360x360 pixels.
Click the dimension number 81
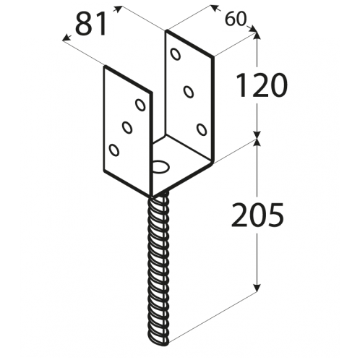(x=91, y=24)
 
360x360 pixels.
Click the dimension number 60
(x=236, y=20)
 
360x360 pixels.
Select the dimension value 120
(x=262, y=85)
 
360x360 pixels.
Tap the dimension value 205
(x=257, y=215)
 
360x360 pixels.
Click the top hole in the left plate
(x=140, y=105)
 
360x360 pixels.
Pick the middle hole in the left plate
(x=127, y=127)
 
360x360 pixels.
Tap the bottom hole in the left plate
(x=114, y=150)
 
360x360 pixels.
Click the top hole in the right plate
(x=176, y=54)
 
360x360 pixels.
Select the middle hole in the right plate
(x=189, y=92)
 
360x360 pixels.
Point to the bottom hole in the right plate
(x=202, y=129)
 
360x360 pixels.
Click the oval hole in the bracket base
(x=161, y=166)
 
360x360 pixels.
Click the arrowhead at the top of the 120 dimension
(x=257, y=35)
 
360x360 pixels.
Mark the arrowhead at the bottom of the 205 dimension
(x=257, y=288)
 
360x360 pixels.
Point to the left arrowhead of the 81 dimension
(x=67, y=38)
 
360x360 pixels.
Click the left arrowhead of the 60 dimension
(x=214, y=8)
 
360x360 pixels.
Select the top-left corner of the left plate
(x=106, y=67)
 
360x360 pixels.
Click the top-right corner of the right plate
(x=213, y=57)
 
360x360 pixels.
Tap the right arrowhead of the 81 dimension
(x=117, y=9)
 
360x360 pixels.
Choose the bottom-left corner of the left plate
(x=104, y=171)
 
